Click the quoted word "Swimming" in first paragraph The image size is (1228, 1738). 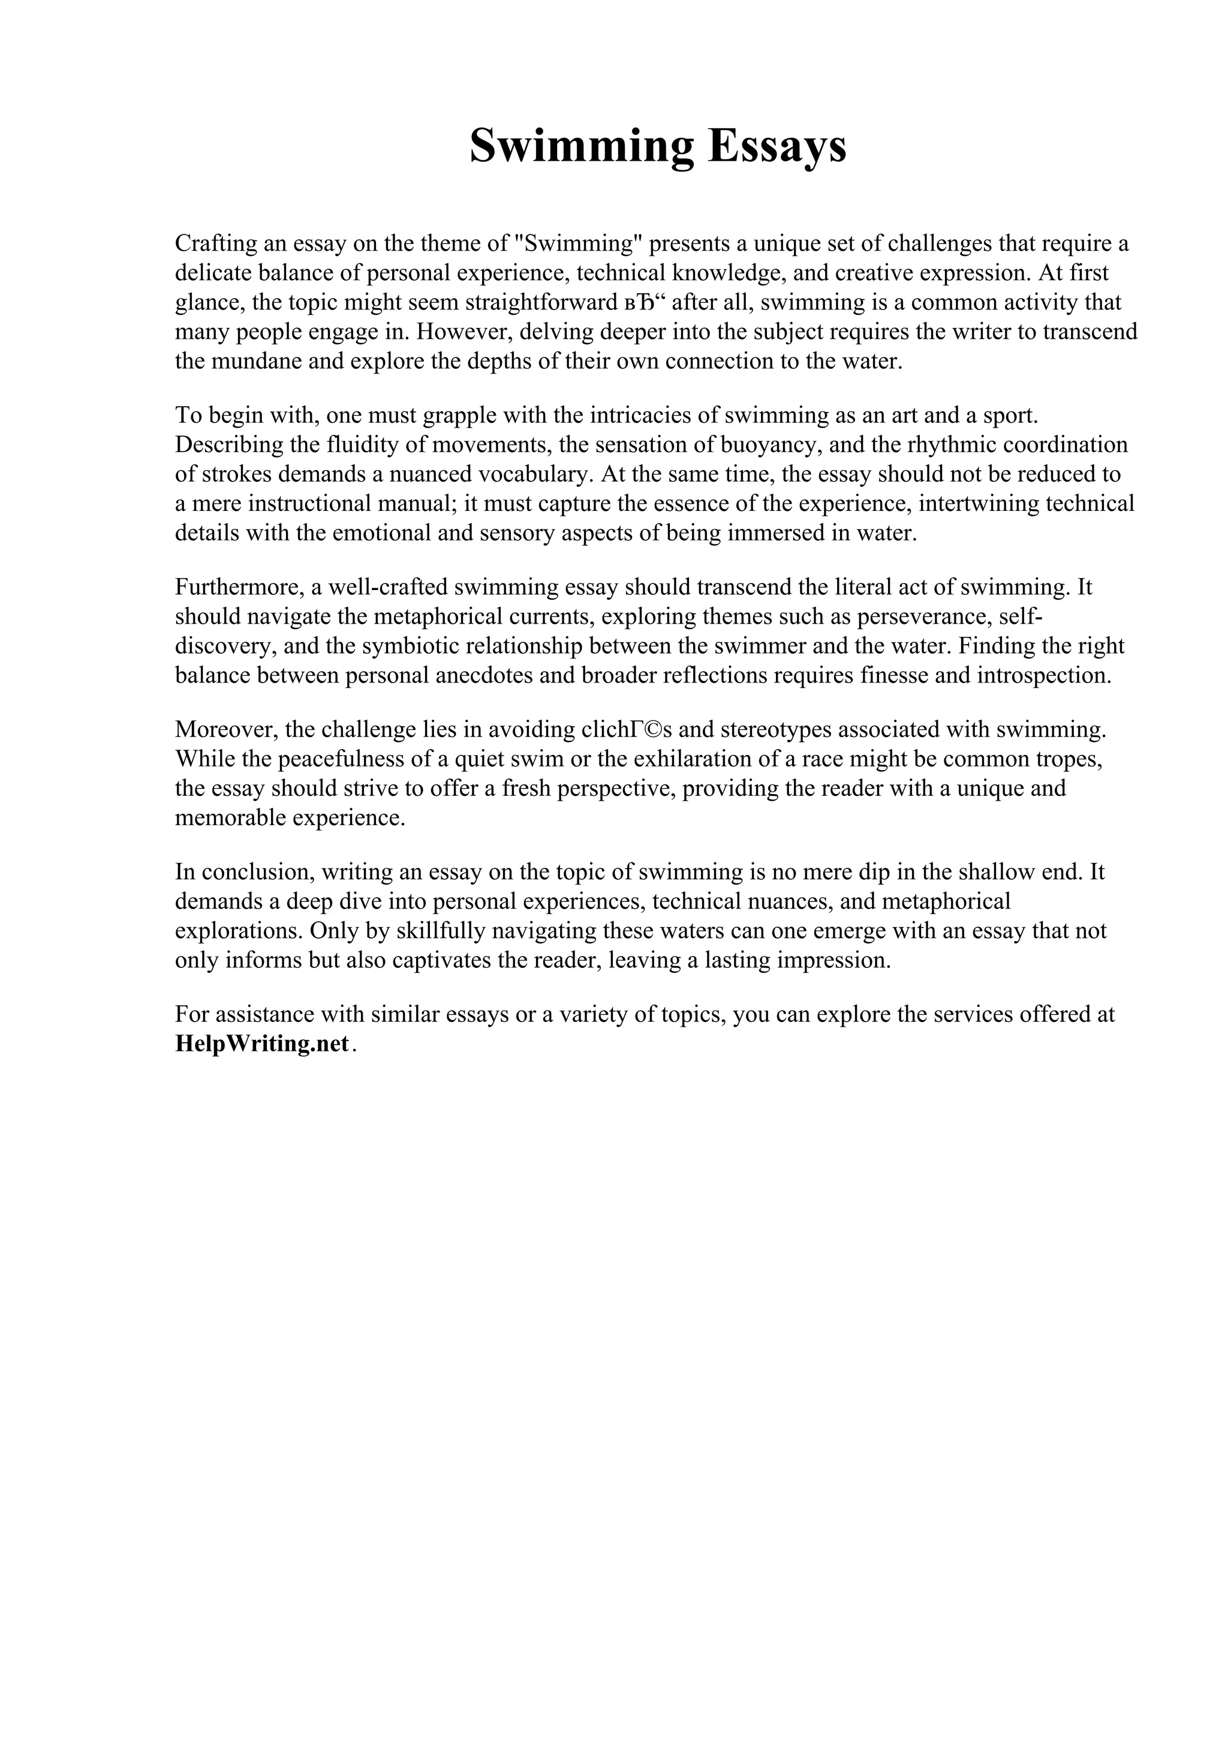577,243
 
